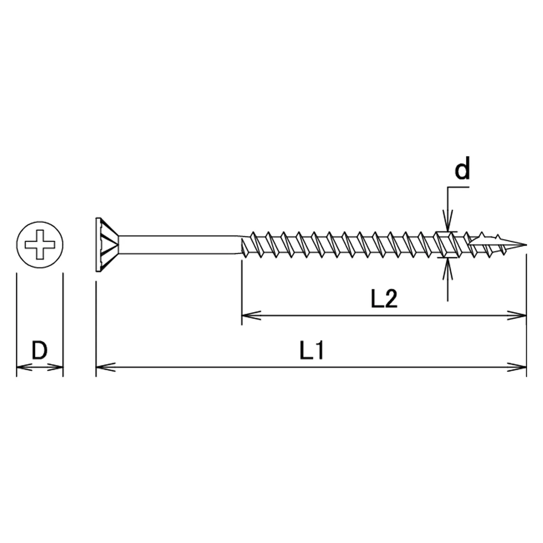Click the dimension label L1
312,351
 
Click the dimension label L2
384,299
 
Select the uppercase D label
39,351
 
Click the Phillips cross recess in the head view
40,244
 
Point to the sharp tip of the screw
526,245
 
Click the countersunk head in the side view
107,244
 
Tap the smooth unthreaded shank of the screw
180,244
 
